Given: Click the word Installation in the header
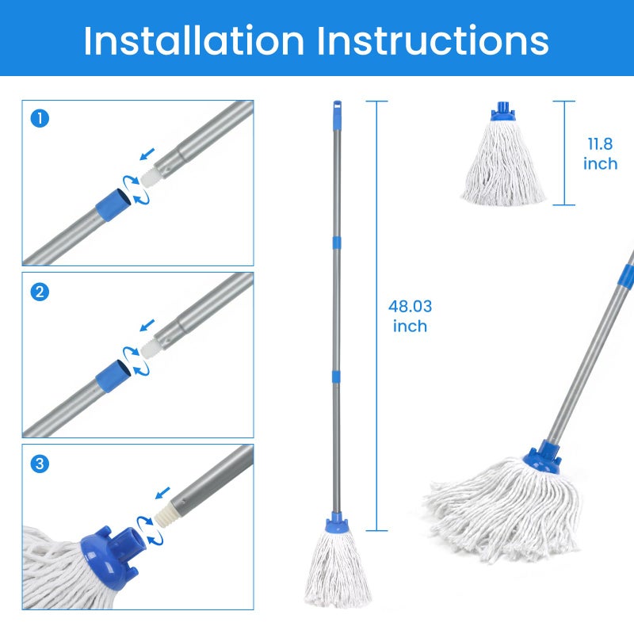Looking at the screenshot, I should pos(193,40).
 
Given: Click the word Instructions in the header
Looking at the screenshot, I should pos(433,40).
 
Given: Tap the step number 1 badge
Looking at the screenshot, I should pos(40,119).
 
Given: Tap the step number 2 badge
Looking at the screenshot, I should pos(40,292).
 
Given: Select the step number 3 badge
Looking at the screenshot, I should pos(40,464).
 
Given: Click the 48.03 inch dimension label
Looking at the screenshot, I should pos(410,316).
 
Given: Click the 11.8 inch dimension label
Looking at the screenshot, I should pos(600,154).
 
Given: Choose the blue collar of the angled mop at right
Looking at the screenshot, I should pos(541,458).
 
